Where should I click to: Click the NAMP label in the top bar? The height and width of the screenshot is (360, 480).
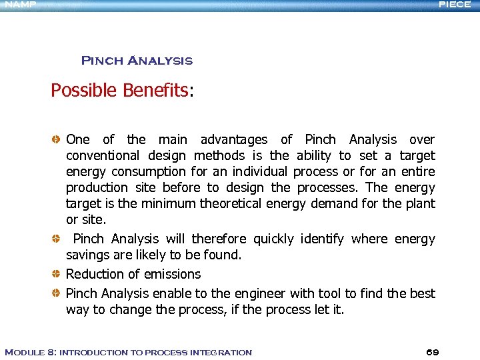point(18,4)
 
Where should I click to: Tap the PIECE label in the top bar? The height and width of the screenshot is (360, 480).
point(455,4)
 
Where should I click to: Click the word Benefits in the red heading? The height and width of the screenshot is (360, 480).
point(155,91)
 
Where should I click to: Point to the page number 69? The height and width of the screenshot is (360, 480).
point(432,351)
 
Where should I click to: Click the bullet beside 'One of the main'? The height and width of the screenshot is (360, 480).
point(57,139)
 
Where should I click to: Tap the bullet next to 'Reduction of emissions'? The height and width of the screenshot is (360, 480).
point(57,274)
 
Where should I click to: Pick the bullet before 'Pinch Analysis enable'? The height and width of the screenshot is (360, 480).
point(57,293)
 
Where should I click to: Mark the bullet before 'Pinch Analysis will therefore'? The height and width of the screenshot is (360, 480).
point(57,239)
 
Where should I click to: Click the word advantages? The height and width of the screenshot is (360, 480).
point(234,140)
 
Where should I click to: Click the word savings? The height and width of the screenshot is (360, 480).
point(87,255)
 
